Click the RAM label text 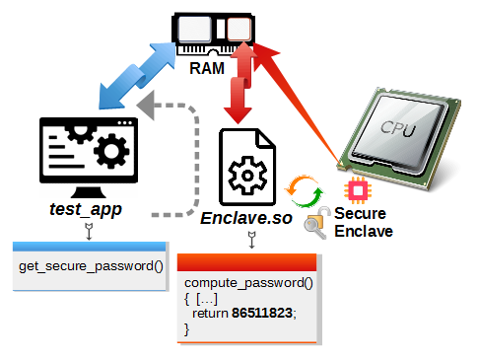pos(207,68)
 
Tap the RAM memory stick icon pos(214,34)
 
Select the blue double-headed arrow pos(138,75)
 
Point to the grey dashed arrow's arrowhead pos(146,106)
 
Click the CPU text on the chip pos(398,128)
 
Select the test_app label pos(86,209)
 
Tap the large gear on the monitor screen pos(111,151)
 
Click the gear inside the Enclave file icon pos(247,176)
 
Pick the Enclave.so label pos(246,218)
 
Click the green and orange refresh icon pos(304,191)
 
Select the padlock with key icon pos(317,222)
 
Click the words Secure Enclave pos(364,222)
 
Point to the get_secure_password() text pos(91,266)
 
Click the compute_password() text pos(248,283)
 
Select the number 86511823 pos(262,313)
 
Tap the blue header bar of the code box pos(90,247)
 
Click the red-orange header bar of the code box pos(246,262)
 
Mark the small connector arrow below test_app pos(89,231)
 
